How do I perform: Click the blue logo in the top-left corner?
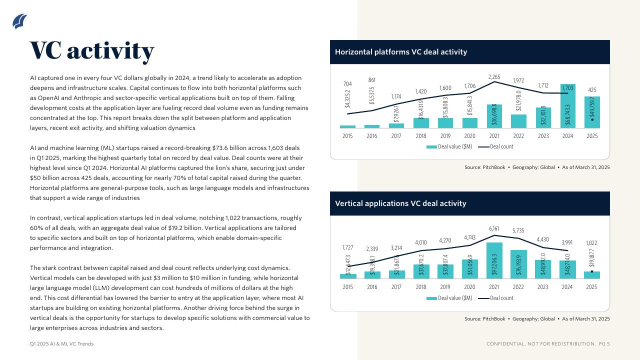click(19, 21)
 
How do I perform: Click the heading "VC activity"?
click(92, 50)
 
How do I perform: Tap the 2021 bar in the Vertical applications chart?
click(494, 260)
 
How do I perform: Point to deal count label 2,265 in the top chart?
click(494, 77)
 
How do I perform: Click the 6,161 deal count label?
click(494, 228)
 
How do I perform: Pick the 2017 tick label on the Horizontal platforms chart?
click(396, 136)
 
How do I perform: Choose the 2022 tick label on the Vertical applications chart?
click(518, 287)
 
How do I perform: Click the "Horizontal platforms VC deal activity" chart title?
click(401, 52)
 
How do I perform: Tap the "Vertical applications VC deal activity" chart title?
click(400, 203)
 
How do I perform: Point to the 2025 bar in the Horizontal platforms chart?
click(592, 112)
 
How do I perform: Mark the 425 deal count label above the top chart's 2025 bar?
click(592, 90)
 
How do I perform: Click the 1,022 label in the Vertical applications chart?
click(591, 243)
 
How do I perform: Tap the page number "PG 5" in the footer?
click(604, 344)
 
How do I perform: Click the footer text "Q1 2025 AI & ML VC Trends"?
click(61, 344)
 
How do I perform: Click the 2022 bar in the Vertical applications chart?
click(518, 264)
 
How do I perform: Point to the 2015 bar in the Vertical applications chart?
click(347, 276)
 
